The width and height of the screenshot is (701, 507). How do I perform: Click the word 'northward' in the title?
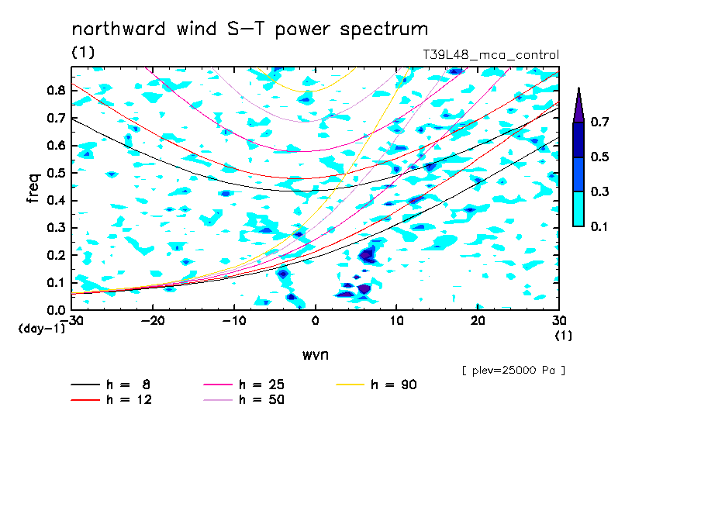119,29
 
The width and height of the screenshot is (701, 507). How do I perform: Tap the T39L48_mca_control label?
491,55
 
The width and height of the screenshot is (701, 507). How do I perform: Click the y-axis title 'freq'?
33,188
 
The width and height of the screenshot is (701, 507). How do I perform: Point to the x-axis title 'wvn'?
316,355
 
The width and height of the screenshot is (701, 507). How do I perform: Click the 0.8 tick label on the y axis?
56,90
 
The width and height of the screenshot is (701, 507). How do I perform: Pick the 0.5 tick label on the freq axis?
56,173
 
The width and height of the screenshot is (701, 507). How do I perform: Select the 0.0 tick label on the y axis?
56,310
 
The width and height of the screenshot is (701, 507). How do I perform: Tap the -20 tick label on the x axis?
153,321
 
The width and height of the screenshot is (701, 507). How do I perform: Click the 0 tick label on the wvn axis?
316,321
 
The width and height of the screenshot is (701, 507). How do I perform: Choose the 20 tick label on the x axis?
478,321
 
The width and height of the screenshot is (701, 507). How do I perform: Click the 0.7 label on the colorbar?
599,122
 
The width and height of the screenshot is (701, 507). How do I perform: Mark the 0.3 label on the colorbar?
599,191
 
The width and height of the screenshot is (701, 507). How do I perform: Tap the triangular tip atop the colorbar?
579,88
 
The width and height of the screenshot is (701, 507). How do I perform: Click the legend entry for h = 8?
111,385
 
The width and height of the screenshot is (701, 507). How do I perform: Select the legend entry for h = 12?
112,399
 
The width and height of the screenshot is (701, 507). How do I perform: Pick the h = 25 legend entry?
244,385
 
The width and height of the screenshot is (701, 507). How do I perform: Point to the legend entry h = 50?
244,399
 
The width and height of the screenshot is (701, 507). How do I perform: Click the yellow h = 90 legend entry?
376,385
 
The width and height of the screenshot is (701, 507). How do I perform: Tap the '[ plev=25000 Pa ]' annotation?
513,371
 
